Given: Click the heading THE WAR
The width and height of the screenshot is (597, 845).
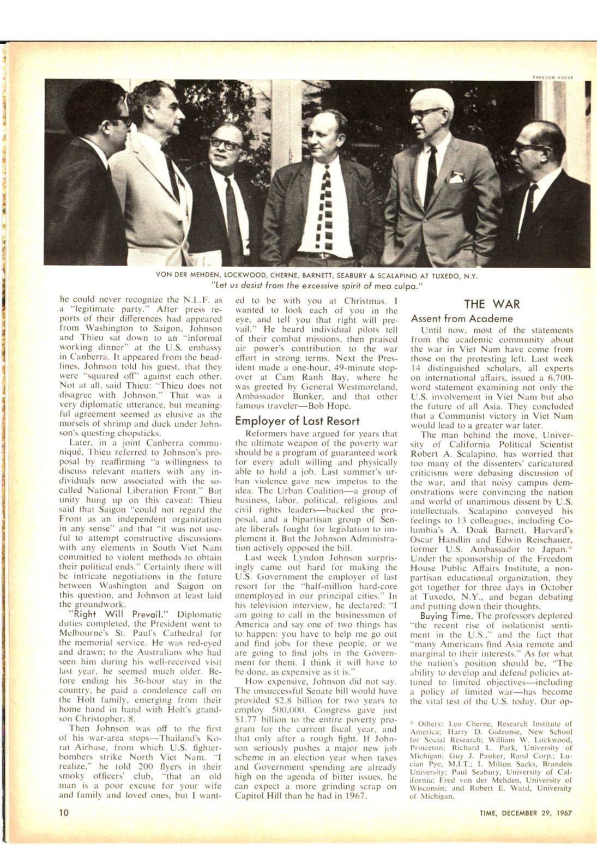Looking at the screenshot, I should click(x=491, y=304).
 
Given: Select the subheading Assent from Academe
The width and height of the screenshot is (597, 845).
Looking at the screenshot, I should click(x=462, y=318).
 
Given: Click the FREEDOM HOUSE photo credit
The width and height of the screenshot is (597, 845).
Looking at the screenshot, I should click(x=553, y=77).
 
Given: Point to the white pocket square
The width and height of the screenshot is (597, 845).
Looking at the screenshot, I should click(x=457, y=177).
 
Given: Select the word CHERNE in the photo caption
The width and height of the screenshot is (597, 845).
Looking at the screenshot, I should click(x=278, y=275).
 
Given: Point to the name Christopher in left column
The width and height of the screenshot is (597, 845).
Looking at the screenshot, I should click(x=85, y=719).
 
